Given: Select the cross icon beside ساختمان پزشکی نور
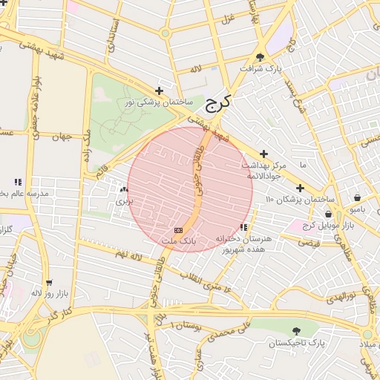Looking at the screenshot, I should coord(159,91).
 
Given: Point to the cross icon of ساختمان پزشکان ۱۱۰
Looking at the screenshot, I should coord(300,189).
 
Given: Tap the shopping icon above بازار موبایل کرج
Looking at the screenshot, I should coord(328,214).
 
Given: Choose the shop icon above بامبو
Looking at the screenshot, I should coord(358,198).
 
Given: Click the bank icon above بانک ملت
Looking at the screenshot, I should coord(178,231).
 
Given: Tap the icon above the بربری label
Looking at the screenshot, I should coord(122,190).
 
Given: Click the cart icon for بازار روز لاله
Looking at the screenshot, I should coord(49,283).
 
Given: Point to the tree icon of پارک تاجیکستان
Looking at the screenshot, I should coord(296,332).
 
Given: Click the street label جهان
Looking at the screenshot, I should coord(62,137).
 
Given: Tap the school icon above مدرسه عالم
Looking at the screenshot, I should coord(18,182).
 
